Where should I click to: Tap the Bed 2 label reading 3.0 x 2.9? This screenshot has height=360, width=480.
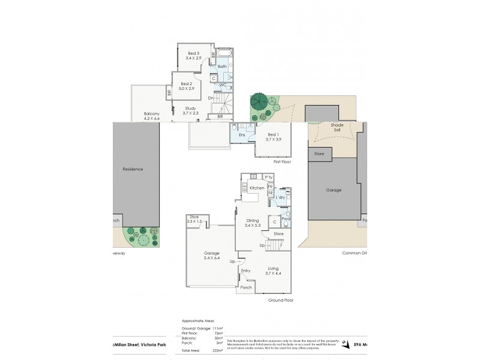click(x=186, y=86)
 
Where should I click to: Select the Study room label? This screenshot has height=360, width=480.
click(x=182, y=110)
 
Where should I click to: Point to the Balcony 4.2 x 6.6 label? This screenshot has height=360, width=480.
click(x=152, y=116)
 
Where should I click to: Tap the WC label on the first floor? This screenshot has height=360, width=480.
click(x=222, y=85)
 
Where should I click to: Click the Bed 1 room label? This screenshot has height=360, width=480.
click(x=273, y=136)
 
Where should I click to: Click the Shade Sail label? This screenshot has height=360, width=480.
click(x=337, y=128)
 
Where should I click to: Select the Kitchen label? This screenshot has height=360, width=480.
click(x=257, y=188)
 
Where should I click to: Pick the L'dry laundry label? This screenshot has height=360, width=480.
click(x=279, y=197)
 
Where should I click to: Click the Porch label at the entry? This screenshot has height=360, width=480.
click(x=247, y=287)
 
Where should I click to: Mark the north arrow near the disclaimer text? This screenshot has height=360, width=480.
click(x=344, y=344)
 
